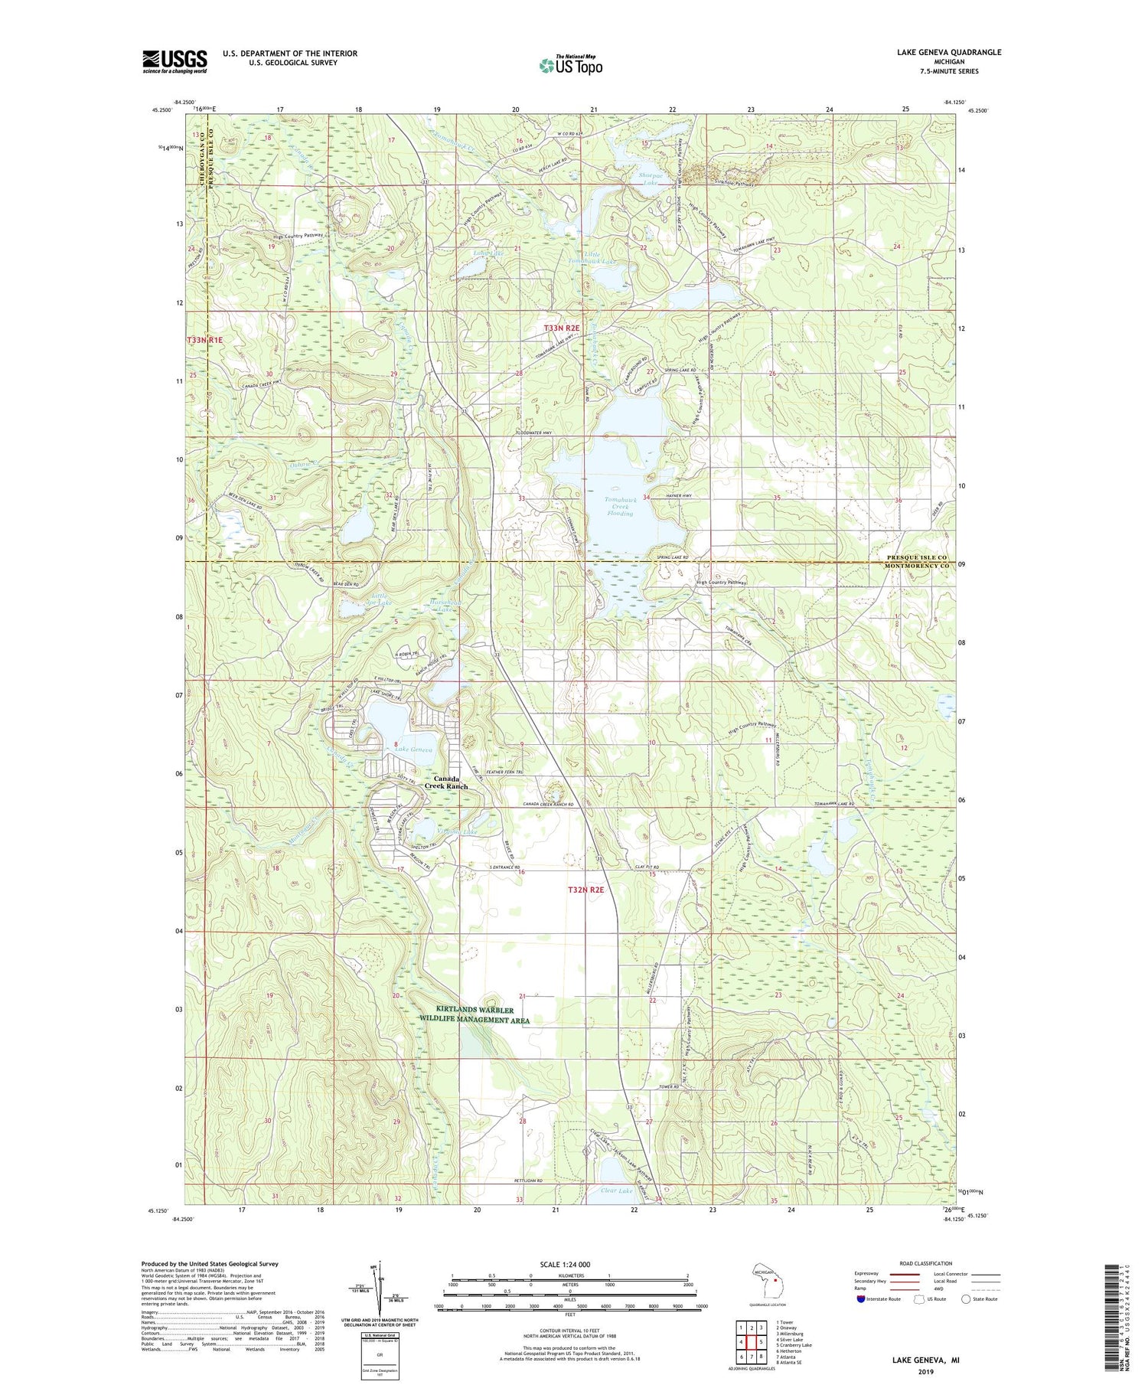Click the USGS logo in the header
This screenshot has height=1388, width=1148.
(x=174, y=61)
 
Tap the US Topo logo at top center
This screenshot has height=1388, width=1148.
(x=570, y=65)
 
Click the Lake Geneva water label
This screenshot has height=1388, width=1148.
(x=413, y=749)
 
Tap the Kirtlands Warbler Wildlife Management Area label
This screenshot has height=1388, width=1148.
(x=474, y=1015)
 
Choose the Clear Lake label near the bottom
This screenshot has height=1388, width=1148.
(x=617, y=1190)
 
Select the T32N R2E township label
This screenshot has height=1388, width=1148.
(x=586, y=890)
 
